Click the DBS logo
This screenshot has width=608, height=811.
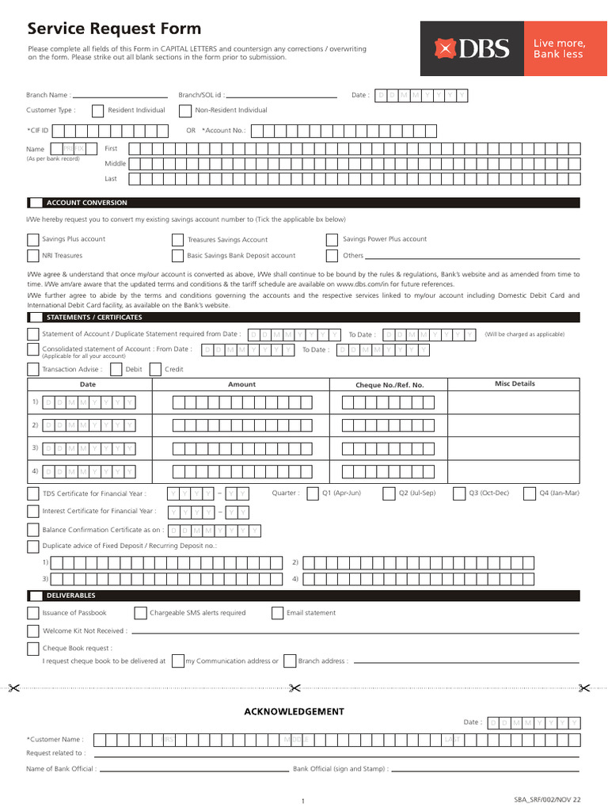tap(471, 48)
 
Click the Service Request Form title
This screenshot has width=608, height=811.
tap(114, 29)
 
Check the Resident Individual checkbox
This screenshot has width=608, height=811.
tap(97, 111)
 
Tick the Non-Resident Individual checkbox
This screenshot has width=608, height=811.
tap(184, 111)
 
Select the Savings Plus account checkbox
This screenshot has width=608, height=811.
tap(32, 239)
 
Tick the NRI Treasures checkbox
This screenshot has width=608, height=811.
tap(32, 256)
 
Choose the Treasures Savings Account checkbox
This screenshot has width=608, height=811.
tap(177, 239)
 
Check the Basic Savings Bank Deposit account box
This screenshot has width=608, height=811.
tap(177, 256)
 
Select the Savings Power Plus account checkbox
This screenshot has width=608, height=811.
tap(332, 239)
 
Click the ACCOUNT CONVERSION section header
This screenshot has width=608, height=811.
tap(86, 203)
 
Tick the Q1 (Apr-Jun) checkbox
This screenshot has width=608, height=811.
tap(313, 493)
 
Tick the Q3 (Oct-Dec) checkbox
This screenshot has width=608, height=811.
tap(459, 493)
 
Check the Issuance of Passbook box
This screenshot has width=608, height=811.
tap(32, 613)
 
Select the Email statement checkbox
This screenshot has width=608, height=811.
tap(277, 613)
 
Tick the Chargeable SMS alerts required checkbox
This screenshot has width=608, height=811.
tap(140, 613)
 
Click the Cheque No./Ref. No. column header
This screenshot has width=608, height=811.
tap(389, 385)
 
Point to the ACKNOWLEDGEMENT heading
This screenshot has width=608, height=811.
tap(294, 711)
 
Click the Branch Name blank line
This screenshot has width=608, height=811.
tap(120, 97)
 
